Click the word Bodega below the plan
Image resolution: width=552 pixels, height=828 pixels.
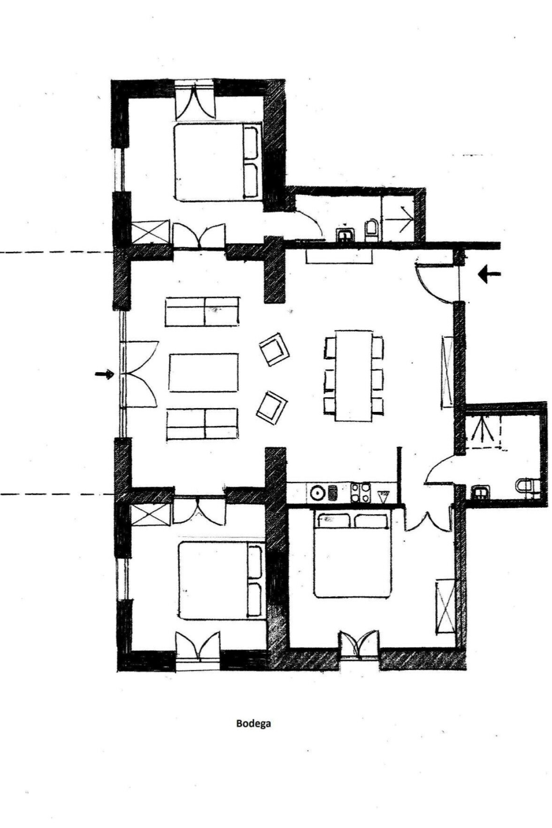(253, 723)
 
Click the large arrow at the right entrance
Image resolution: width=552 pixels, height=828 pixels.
(489, 274)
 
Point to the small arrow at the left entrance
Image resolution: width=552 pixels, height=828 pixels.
(105, 374)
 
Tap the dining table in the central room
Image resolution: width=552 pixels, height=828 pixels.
(354, 375)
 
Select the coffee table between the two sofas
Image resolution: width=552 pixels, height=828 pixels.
(204, 373)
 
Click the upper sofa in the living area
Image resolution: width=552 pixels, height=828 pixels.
(202, 312)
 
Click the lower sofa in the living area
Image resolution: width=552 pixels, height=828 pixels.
(203, 424)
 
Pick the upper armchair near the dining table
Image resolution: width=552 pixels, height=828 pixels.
(274, 348)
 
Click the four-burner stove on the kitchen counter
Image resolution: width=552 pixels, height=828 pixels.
(360, 493)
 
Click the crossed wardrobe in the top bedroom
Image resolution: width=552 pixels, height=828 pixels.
(151, 232)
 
